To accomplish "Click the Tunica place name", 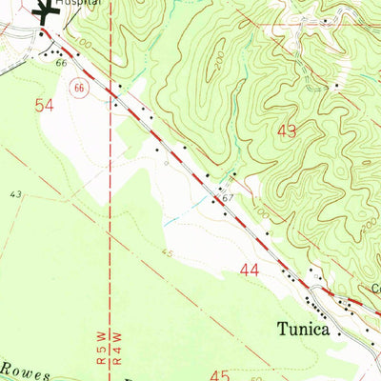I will coord(308,331).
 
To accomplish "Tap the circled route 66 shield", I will coord(79,89).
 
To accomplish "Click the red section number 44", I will coord(250,271).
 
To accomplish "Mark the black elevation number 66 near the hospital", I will coord(61,63).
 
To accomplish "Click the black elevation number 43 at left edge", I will coord(15,193).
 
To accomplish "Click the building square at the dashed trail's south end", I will coord(336,87).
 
